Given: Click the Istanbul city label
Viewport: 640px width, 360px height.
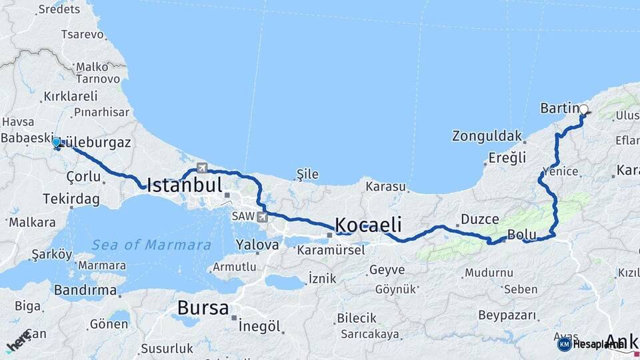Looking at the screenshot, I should (x=184, y=185).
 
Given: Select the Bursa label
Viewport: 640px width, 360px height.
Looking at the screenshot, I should (x=203, y=308).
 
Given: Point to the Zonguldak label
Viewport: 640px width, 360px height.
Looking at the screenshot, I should (x=487, y=136).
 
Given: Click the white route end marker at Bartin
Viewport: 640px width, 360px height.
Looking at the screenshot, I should (x=584, y=109).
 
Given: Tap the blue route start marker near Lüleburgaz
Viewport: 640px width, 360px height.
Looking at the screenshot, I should (x=57, y=142).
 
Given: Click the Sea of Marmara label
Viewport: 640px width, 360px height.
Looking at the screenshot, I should (x=151, y=245).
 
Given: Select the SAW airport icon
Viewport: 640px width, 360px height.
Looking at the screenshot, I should (x=263, y=217).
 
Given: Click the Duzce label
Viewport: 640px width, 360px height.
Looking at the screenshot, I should (x=479, y=219).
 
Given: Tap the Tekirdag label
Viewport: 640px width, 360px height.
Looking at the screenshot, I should (x=71, y=199).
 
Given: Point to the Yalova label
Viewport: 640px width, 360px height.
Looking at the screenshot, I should (x=255, y=245).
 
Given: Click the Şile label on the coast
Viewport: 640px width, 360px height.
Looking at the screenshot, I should (x=307, y=175).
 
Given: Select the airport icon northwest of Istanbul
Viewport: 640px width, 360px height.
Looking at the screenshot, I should (x=202, y=168).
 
